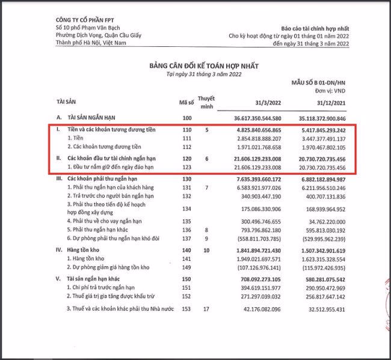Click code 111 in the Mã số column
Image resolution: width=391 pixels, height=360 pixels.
coord(185,138)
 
